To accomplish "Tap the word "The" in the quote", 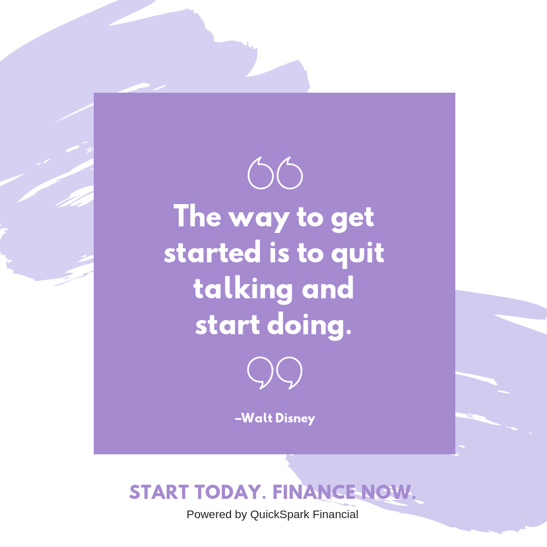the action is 198,216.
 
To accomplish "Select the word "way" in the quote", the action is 259,220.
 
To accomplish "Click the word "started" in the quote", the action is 212,252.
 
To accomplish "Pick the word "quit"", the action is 358,253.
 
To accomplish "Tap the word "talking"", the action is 243,289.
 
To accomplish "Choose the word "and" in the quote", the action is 328,288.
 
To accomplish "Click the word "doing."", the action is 309,326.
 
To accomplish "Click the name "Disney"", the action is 295,419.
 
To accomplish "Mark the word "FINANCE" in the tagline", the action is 315,492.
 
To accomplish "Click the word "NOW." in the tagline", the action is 388,492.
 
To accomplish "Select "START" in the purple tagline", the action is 159,492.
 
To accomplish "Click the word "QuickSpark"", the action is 280,515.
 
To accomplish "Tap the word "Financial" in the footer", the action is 335,514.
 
